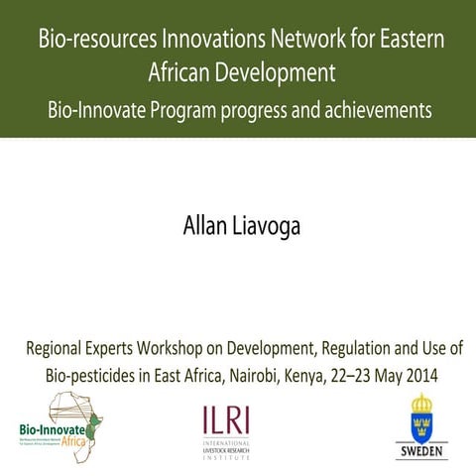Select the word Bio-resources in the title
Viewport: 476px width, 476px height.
tap(96, 40)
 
